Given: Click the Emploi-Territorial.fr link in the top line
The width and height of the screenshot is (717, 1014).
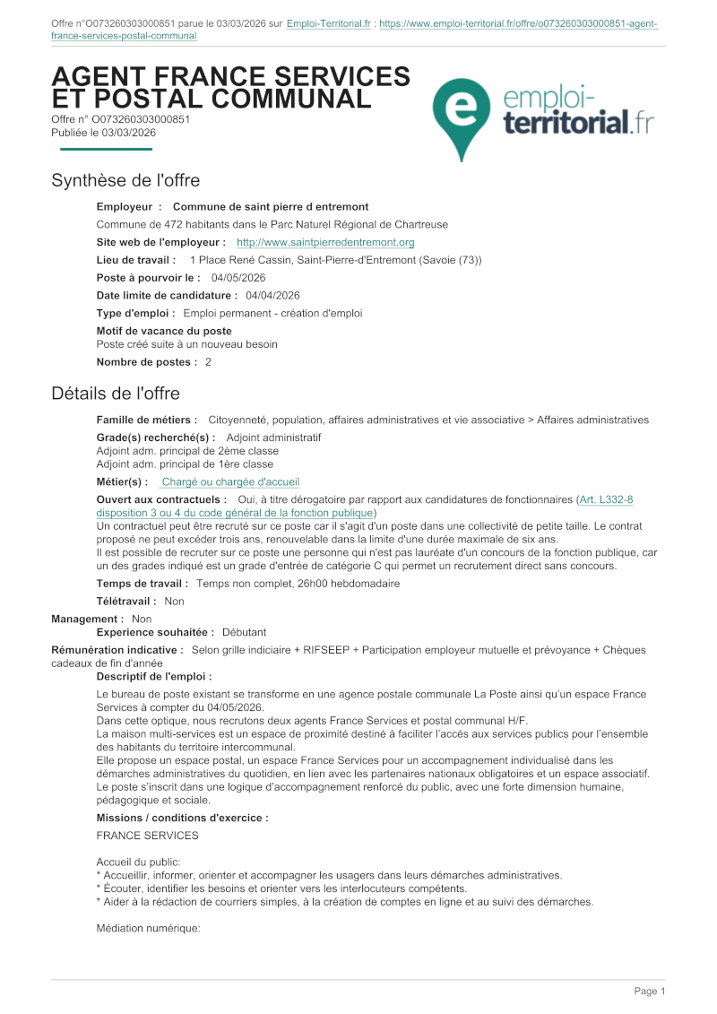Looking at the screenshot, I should pos(329,24).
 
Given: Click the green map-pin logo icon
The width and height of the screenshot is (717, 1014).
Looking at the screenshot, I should pos(461,113).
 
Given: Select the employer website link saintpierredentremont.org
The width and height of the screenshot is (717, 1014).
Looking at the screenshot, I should pos(325,242).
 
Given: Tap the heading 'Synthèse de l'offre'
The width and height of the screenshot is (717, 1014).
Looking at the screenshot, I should pos(125,180).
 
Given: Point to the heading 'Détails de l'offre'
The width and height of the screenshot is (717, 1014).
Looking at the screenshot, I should pos(116,394).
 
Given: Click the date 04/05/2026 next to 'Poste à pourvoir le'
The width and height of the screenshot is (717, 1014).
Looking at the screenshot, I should pos(238,278).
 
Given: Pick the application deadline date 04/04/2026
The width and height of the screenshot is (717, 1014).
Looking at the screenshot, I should pos(272,295).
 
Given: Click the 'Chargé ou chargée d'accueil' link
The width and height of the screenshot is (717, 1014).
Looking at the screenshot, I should pos(230,481).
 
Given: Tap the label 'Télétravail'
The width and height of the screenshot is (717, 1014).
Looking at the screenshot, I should pos(126,602).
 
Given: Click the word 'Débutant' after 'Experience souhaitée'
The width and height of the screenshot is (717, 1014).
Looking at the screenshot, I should pos(245,632).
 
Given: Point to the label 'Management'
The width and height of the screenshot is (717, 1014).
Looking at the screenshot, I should pos(87,619).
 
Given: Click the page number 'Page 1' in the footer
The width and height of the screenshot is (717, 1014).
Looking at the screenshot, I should pos(650,991).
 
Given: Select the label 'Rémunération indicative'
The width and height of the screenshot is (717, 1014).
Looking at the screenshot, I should pos(117,649).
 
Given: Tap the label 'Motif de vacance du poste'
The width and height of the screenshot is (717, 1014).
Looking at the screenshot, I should pos(164,331).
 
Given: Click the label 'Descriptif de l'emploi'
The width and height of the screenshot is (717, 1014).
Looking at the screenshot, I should pos(154,676).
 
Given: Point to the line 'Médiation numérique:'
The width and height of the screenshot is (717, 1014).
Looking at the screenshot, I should pos(147,929).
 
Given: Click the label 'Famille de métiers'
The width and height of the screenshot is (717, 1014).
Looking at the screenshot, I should pos(147,420).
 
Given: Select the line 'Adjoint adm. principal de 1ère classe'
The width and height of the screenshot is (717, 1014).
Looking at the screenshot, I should pos(185,464).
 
